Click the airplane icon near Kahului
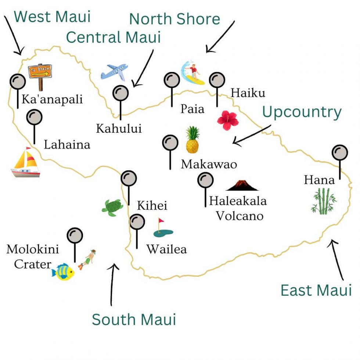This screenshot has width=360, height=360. tap(114, 72)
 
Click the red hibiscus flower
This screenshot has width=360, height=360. tap(228, 120)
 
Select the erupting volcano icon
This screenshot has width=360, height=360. tap(242, 185)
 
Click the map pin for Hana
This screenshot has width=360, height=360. tap(339, 153)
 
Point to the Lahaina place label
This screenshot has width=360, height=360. tap(67, 145)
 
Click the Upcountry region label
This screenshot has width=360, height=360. tap(302, 112)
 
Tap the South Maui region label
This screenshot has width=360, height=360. tap(134, 320)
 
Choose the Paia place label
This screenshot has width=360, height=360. tap(192, 109)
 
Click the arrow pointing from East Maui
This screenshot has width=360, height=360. tap(338, 259)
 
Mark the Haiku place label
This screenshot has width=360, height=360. tap(248, 93)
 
